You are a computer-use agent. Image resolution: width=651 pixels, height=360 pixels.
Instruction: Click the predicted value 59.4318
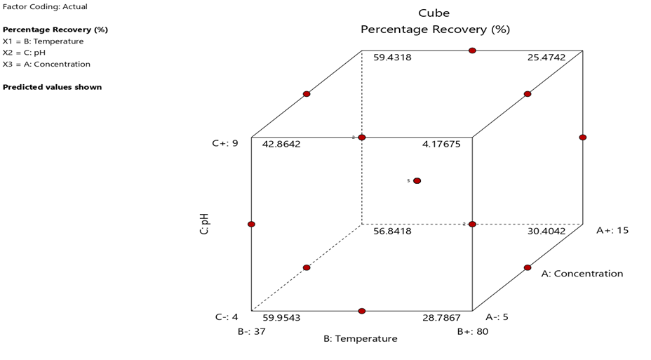392,58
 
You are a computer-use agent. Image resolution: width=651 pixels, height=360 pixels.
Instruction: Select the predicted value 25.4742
546,58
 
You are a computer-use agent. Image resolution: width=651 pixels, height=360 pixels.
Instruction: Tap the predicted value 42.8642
281,144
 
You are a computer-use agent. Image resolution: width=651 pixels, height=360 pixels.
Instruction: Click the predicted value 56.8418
392,231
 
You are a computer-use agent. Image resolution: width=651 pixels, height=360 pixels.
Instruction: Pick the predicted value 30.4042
546,231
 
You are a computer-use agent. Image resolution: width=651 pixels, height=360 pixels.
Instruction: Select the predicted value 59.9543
281,318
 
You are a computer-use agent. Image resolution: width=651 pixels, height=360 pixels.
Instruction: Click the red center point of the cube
417,181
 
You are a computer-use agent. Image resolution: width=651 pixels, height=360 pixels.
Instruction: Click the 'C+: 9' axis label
225,143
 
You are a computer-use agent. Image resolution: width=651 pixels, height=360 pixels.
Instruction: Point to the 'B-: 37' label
251,331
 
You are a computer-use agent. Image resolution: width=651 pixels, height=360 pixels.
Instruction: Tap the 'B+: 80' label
473,331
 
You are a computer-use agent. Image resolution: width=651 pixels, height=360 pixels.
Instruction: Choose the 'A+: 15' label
612,230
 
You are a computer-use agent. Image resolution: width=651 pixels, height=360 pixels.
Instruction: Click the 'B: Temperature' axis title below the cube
360,339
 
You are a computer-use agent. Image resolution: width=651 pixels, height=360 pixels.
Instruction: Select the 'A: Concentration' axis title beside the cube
582,274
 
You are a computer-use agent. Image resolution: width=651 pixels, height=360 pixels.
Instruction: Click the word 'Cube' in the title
434,13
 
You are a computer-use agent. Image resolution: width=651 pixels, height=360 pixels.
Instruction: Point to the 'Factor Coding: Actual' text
46,6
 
